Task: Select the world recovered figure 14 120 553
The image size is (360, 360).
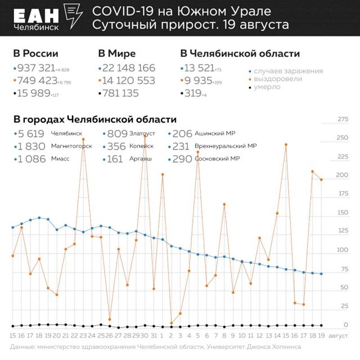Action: (129, 80)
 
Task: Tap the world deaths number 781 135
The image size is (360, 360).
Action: (120, 93)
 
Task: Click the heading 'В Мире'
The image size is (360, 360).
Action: (117, 54)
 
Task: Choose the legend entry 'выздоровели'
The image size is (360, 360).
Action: (278, 79)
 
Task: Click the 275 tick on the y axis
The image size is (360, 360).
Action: (327, 119)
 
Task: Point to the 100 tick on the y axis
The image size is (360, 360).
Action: (327, 250)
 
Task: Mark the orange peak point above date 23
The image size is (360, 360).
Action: (83, 139)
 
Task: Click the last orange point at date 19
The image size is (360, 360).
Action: (321, 180)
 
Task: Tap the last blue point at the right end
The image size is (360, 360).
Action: (321, 274)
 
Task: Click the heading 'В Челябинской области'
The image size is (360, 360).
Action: (240, 54)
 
